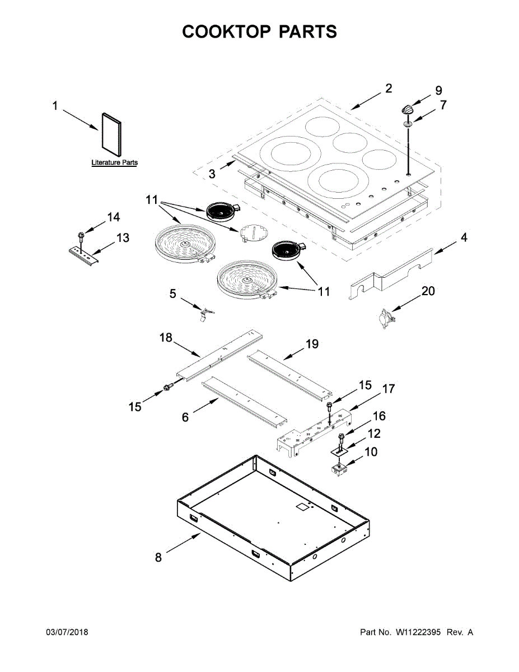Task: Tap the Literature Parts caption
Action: tap(115, 163)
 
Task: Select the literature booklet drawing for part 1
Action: tap(110, 135)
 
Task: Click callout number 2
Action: tap(388, 88)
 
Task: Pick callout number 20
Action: tap(428, 291)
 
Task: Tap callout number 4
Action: tap(464, 237)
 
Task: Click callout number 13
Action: tap(123, 238)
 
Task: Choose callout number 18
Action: tap(166, 338)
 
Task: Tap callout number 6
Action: tap(185, 417)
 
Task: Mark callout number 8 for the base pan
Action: tap(158, 558)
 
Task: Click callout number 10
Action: tap(371, 451)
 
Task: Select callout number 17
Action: tap(389, 389)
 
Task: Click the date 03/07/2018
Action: tap(67, 632)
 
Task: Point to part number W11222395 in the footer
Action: tap(419, 632)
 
